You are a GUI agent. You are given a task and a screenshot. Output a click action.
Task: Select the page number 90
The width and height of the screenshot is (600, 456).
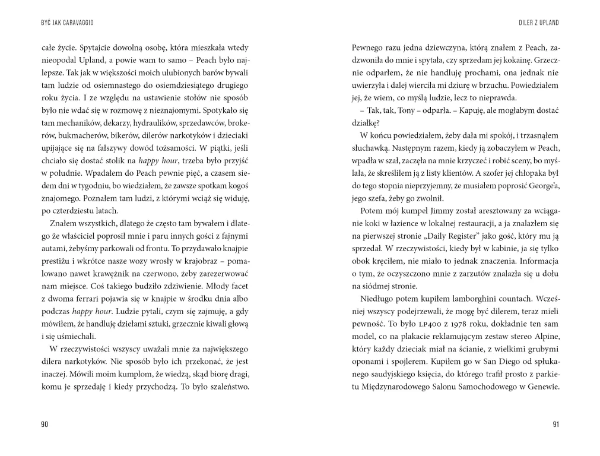45,424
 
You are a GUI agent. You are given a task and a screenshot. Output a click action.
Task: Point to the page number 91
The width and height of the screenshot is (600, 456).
555,424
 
